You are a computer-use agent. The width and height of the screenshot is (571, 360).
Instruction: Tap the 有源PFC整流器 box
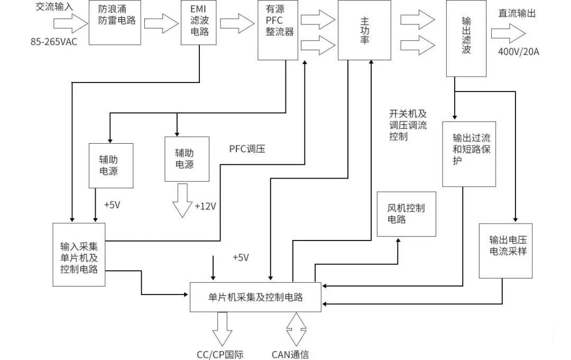coord(278,30)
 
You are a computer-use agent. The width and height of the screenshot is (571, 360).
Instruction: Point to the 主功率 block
coord(364,30)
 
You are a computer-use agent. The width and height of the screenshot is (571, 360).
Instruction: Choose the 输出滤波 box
coord(466,38)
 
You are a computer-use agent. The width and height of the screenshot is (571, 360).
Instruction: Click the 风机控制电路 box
coord(406,214)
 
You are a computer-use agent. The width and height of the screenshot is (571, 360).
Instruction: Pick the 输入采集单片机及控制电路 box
coord(79,254)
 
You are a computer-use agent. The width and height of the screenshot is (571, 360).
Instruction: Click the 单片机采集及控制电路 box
coord(255,297)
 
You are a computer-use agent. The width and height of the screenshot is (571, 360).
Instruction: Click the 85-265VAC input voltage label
coord(54,41)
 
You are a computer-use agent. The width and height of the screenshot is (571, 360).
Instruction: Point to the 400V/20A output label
coord(518,51)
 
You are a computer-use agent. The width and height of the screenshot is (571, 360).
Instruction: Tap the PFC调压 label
coord(247,149)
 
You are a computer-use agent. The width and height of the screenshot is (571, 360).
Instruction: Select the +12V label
coord(205,206)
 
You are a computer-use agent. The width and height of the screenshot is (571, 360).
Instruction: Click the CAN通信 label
coord(290,354)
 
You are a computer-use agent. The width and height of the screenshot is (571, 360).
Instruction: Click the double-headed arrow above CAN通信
coord(296,329)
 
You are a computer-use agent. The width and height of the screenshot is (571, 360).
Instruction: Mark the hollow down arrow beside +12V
coord(183,200)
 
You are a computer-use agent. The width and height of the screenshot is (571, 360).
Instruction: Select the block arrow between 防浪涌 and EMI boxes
coord(161,23)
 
